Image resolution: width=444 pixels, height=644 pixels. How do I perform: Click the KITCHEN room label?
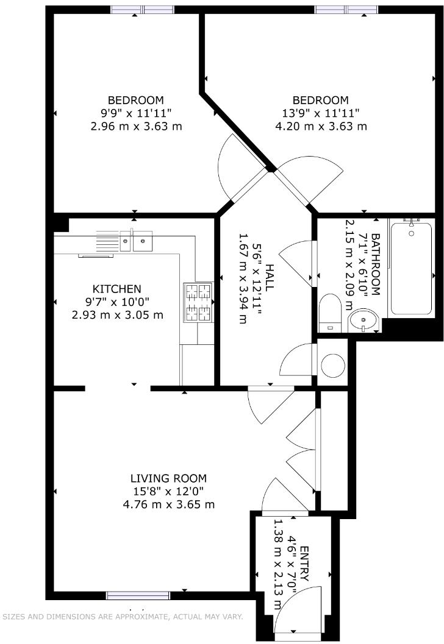tap(116, 289)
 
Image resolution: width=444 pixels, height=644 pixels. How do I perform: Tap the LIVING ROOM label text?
tap(169, 478)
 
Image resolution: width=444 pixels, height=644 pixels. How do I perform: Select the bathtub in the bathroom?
tap(412, 268)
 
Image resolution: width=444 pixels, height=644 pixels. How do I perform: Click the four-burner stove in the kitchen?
tap(198, 302)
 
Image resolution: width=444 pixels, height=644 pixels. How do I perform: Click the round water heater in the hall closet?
tap(332, 364)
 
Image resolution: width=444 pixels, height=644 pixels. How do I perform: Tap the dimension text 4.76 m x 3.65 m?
tap(169, 504)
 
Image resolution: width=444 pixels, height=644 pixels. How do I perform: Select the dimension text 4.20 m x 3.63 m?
tap(321, 127)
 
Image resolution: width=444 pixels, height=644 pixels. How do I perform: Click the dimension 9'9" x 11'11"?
tap(136, 113)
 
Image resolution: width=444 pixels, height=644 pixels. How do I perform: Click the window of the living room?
tap(138, 595)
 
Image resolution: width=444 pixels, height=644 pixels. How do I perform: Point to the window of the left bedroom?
tap(142, 10)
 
